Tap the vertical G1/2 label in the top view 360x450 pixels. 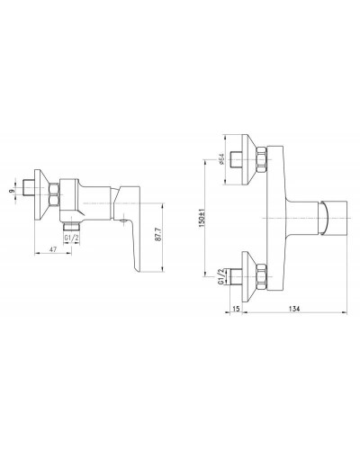coord(223,274)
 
